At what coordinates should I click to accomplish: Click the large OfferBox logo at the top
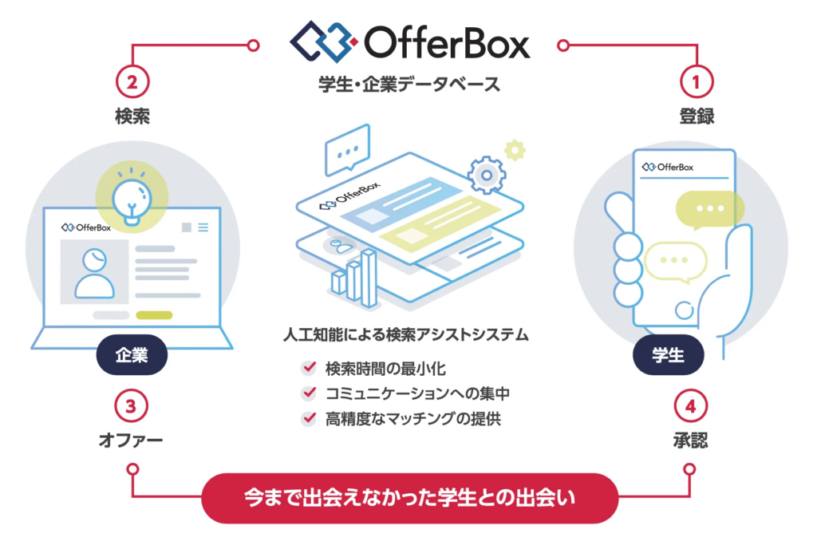(x=410, y=42)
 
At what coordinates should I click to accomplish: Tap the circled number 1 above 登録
(x=697, y=82)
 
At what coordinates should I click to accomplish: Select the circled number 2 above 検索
(x=132, y=82)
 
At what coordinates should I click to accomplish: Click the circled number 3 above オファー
(x=131, y=406)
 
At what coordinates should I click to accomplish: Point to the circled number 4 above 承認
(x=690, y=406)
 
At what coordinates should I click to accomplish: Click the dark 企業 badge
(x=132, y=355)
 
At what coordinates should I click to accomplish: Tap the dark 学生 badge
(x=668, y=355)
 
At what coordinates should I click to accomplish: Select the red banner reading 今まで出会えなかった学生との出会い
(x=409, y=498)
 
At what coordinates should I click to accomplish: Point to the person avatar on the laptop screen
(x=94, y=272)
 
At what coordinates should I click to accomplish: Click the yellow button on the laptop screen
(x=154, y=315)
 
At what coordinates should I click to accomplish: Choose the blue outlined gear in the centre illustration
(x=487, y=175)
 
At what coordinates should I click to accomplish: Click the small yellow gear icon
(x=515, y=150)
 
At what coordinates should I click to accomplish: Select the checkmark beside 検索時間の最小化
(x=309, y=368)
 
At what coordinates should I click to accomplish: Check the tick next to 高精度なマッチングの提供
(x=309, y=418)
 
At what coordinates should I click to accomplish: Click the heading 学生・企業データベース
(x=409, y=84)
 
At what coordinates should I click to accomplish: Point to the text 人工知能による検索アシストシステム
(x=406, y=334)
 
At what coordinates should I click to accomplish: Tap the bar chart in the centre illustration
(x=354, y=278)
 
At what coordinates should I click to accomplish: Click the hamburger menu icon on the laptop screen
(x=203, y=227)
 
